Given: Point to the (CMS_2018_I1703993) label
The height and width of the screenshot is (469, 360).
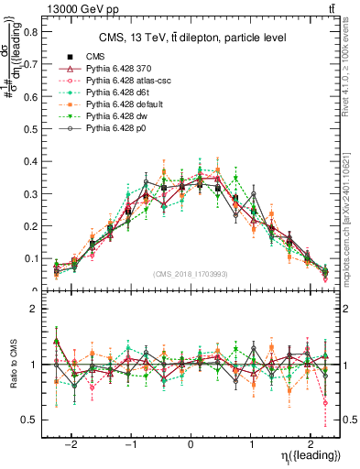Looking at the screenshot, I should (x=191, y=274).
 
